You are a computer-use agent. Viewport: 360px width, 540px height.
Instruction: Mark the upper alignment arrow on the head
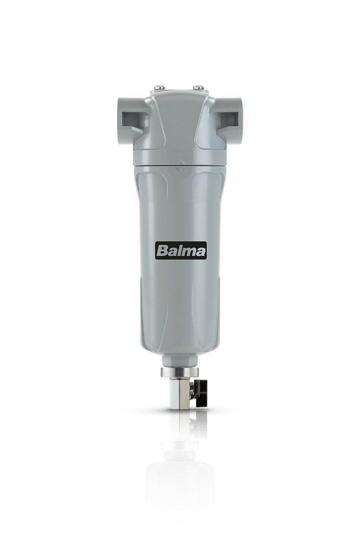click(x=180, y=162)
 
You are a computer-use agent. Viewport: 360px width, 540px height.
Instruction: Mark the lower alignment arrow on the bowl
click(x=180, y=168)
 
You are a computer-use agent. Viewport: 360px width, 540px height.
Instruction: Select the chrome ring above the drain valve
click(x=180, y=372)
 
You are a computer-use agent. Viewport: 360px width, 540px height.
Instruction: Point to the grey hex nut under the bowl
click(x=180, y=361)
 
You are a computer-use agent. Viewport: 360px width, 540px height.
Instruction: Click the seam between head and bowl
click(x=180, y=165)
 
